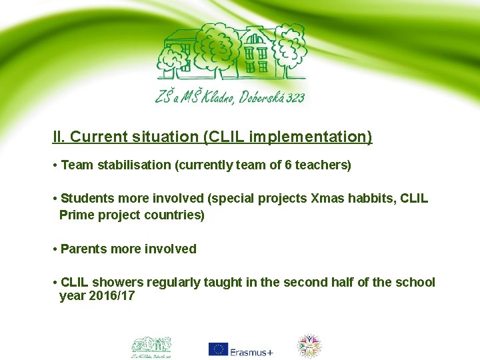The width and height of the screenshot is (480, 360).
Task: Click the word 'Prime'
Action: (75, 215)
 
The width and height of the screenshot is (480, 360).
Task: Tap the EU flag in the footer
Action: (218, 349)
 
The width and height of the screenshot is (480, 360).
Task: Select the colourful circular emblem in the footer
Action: (309, 346)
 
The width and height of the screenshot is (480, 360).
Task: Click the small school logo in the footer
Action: (151, 346)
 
